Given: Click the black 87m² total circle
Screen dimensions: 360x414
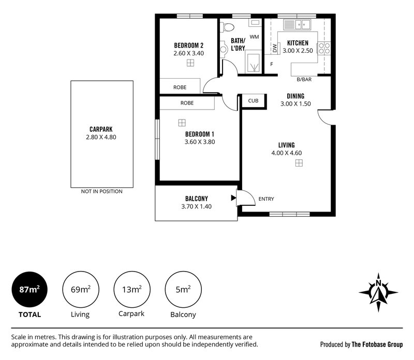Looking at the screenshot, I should [29, 290].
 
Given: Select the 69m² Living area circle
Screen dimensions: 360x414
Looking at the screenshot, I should [80, 290].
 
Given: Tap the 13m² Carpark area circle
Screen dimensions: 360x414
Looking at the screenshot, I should [131, 290].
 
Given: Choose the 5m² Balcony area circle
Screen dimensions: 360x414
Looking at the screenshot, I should [182, 290].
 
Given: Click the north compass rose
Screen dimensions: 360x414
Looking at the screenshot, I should [378, 291].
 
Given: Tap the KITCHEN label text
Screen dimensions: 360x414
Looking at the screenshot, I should [298, 43].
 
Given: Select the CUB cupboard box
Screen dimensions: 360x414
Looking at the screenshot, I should [253, 101].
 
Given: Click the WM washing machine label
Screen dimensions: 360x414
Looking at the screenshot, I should [254, 37].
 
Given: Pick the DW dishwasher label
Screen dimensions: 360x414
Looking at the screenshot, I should [275, 49].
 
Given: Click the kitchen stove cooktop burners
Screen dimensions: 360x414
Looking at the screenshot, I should [323, 49].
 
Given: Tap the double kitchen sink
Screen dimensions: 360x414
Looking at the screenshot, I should [298, 24].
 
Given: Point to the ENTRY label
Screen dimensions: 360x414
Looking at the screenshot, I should [266, 199].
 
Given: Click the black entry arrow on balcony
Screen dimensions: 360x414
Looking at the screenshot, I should [233, 197].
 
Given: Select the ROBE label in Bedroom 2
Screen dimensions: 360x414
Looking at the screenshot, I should [180, 87].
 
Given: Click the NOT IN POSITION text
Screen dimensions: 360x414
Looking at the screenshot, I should [101, 191].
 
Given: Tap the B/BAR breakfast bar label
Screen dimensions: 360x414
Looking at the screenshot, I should [304, 80].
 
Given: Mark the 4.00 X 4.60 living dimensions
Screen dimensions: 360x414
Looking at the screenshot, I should [286, 153].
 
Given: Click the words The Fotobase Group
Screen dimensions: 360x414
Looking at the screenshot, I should [377, 344].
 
